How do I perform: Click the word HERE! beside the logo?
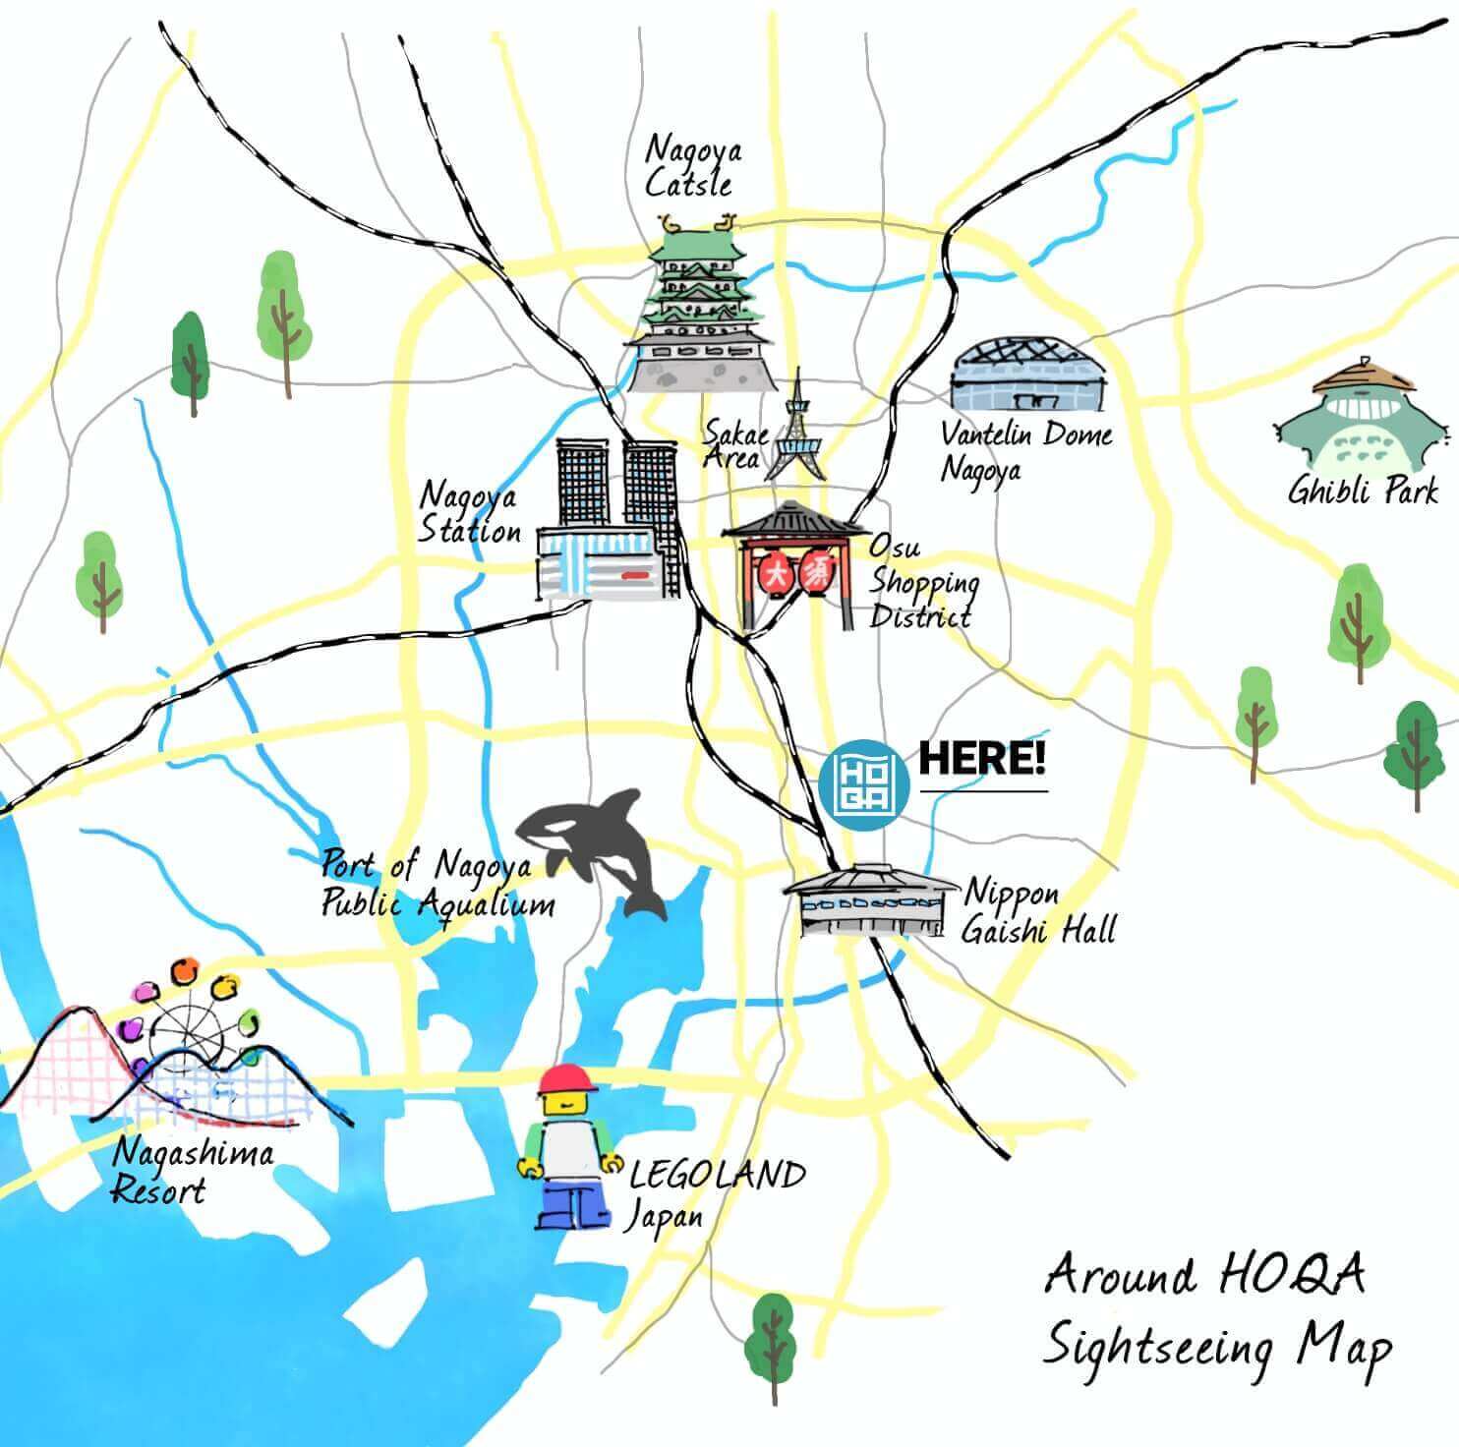tap(981, 759)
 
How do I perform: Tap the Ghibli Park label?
tap(1362, 491)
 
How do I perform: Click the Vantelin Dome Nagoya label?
tap(1024, 450)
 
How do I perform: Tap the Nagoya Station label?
tap(470, 513)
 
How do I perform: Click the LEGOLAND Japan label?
tap(716, 1193)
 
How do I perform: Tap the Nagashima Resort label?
tap(191, 1170)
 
